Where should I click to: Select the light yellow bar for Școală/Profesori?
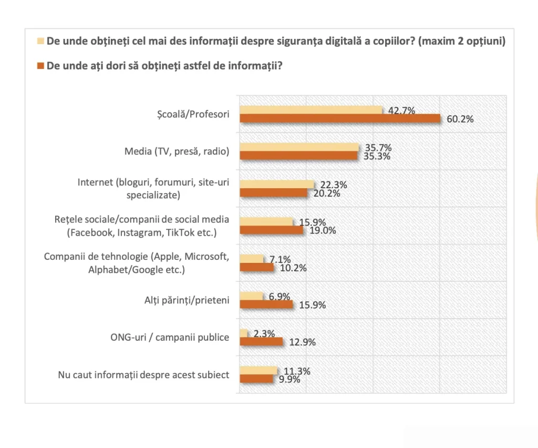[311, 110]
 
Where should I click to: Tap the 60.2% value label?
[460, 119]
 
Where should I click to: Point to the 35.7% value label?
[378, 148]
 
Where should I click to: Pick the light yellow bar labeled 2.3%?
[244, 333]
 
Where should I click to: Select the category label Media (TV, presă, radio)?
[177, 151]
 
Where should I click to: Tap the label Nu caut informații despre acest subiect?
[143, 375]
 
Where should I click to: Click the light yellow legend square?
[40, 41]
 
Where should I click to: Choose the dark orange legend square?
[40, 67]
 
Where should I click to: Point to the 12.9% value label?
[302, 342]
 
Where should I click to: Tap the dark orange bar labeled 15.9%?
[266, 304]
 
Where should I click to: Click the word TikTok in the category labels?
[179, 232]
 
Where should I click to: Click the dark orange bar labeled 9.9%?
[256, 379]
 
